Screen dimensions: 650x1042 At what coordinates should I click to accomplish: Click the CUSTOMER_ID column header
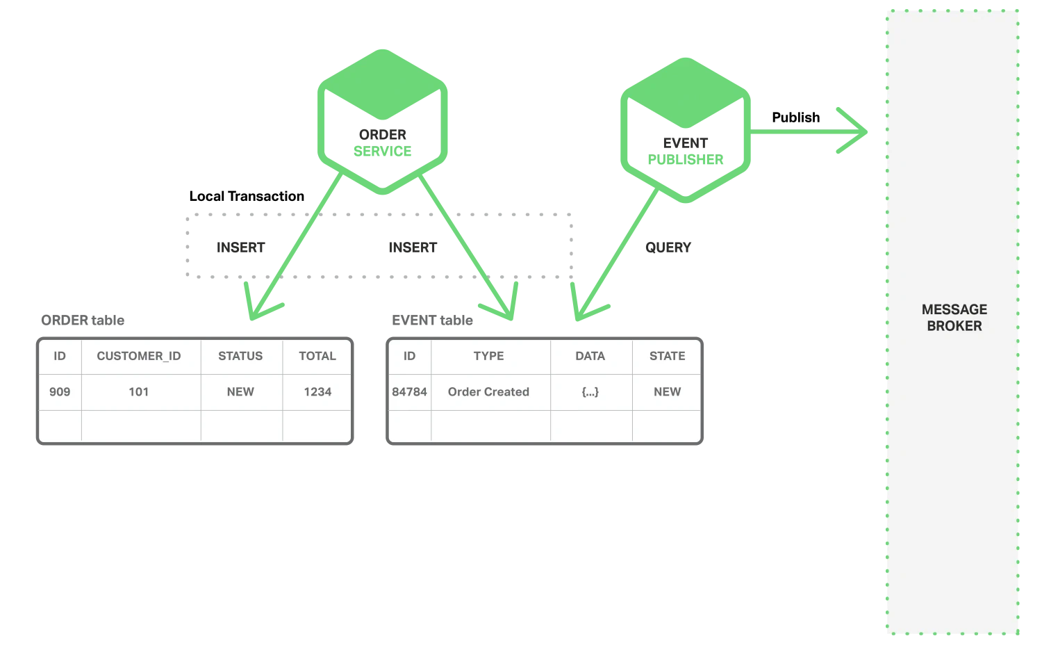point(138,356)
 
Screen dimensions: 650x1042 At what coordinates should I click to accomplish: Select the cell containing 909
point(60,392)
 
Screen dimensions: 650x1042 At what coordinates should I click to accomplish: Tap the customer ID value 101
point(138,392)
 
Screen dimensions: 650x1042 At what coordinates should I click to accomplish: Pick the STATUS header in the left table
point(240,356)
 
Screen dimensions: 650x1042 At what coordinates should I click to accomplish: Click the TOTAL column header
point(317,356)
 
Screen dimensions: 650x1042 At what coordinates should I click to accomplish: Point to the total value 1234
point(317,392)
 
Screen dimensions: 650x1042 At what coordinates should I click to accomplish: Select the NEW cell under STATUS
point(240,392)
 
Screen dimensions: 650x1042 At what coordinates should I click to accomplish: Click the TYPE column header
point(488,356)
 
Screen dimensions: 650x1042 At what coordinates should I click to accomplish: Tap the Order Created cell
point(488,392)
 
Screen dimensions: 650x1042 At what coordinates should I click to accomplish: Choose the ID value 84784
point(409,392)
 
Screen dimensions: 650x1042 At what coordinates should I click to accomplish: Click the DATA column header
point(590,356)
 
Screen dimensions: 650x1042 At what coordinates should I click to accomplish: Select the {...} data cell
point(590,392)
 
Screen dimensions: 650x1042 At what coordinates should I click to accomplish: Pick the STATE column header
point(667,356)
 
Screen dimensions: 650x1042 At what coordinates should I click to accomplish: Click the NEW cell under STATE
point(667,392)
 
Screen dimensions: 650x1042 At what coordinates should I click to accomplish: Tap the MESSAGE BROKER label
point(954,318)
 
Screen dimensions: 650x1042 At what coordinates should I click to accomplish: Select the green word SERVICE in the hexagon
point(383,153)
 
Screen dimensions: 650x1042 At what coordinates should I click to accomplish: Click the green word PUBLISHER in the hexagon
point(685,160)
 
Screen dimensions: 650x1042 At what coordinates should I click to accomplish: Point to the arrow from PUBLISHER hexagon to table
point(615,257)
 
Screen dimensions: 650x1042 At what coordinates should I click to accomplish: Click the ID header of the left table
point(60,356)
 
